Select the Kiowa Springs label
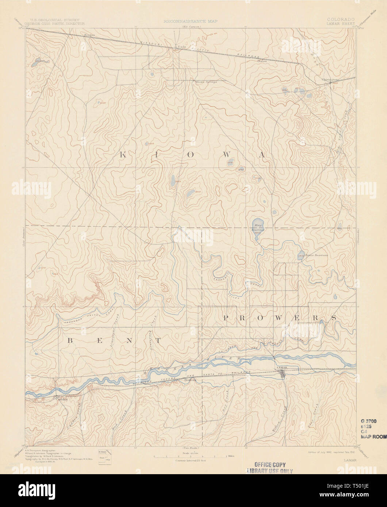point(207,82)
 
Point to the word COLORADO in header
point(341,19)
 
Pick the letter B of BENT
point(70,341)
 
